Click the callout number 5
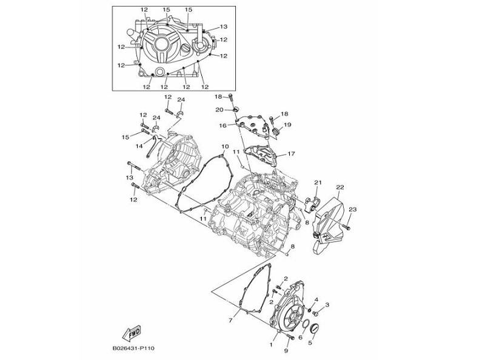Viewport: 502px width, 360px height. tap(310, 342)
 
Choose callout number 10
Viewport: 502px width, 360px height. tap(224, 147)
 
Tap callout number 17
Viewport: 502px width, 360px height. tap(291, 153)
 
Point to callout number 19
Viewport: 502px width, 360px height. tap(287, 125)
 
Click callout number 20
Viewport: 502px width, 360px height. tap(219, 110)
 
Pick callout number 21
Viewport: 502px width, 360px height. tap(317, 182)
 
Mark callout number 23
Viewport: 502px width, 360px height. tap(353, 209)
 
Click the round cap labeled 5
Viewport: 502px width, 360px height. tap(313, 329)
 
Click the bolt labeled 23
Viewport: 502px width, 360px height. tap(347, 227)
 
